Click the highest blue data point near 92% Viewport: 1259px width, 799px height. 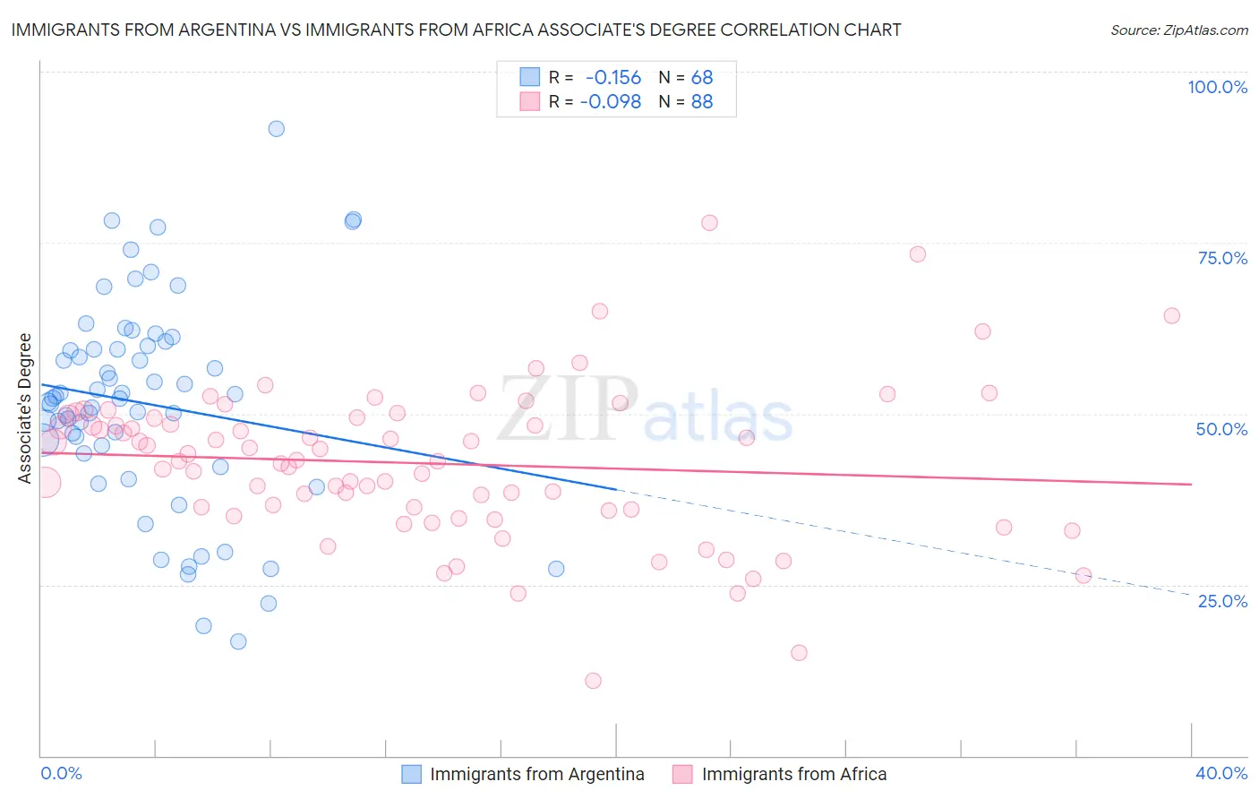277,129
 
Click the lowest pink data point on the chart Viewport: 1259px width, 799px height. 593,681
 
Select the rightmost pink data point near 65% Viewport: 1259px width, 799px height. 1171,315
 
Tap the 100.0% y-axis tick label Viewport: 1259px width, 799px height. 1217,87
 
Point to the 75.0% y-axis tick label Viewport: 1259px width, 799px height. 1222,258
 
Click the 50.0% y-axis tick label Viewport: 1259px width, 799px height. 1221,429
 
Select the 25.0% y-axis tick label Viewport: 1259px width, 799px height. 1222,600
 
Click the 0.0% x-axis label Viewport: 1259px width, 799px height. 61,773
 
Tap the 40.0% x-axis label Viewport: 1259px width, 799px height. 1221,773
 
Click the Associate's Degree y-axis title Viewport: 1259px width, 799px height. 25,408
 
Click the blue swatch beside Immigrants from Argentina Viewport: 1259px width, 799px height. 411,774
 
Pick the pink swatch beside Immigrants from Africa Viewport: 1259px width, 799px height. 683,774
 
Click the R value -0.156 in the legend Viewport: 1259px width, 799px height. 613,78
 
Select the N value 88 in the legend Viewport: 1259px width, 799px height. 702,102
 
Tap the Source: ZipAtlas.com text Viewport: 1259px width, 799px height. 1178,30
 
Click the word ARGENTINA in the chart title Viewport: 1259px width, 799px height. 235,30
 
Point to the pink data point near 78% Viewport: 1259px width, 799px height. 709,223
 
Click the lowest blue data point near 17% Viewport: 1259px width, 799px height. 238,641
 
